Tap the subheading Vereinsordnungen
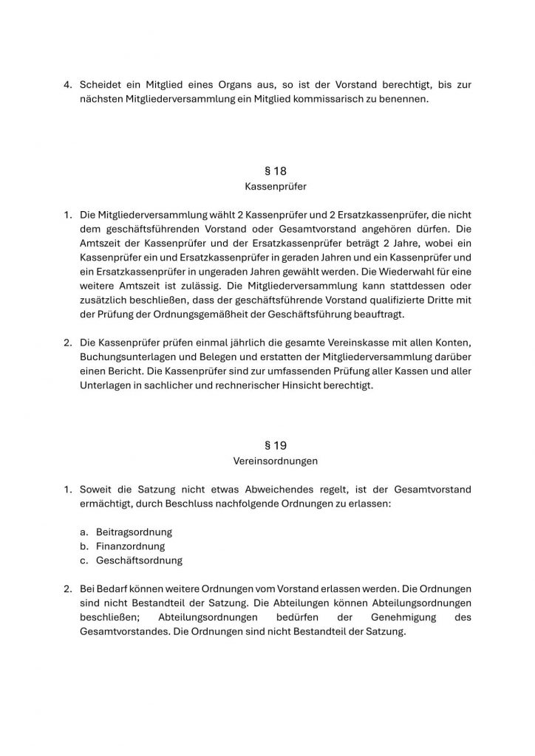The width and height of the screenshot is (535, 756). point(275,461)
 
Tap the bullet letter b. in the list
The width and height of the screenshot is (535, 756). point(85,546)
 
